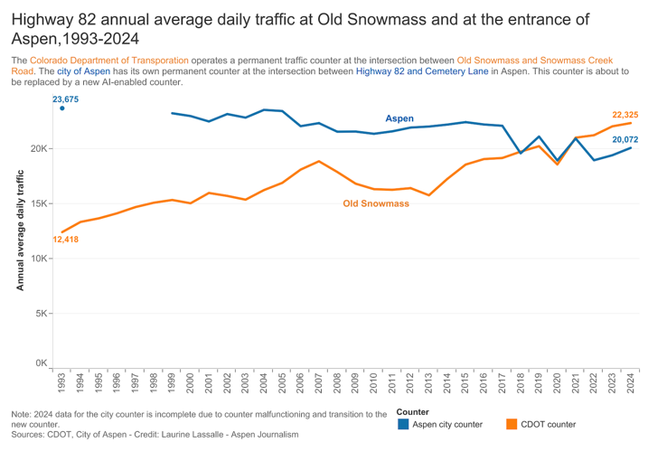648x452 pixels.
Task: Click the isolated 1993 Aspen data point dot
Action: point(62,108)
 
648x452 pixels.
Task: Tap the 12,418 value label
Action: point(66,240)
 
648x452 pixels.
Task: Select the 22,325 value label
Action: point(625,115)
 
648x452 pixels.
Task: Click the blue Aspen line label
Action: point(399,118)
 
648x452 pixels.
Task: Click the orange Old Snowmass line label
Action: point(376,203)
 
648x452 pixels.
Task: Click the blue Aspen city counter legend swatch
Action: point(403,424)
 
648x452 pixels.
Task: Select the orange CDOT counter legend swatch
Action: point(512,424)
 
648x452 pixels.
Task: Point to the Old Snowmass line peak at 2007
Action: point(319,162)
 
